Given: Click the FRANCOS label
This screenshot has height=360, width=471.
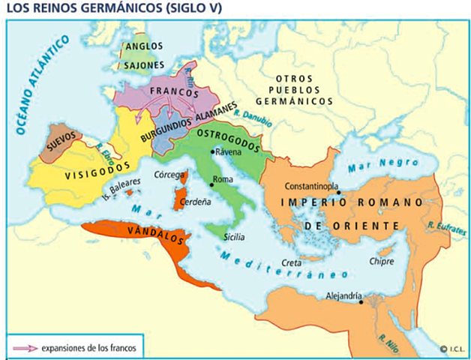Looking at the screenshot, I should click(x=173, y=94).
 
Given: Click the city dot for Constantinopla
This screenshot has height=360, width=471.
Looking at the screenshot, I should click(x=338, y=192).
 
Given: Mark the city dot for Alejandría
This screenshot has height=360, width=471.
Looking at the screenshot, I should click(x=361, y=303).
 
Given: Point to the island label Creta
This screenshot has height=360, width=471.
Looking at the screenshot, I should click(x=292, y=261).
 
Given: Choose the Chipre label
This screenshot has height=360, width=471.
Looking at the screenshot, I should click(x=380, y=262).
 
